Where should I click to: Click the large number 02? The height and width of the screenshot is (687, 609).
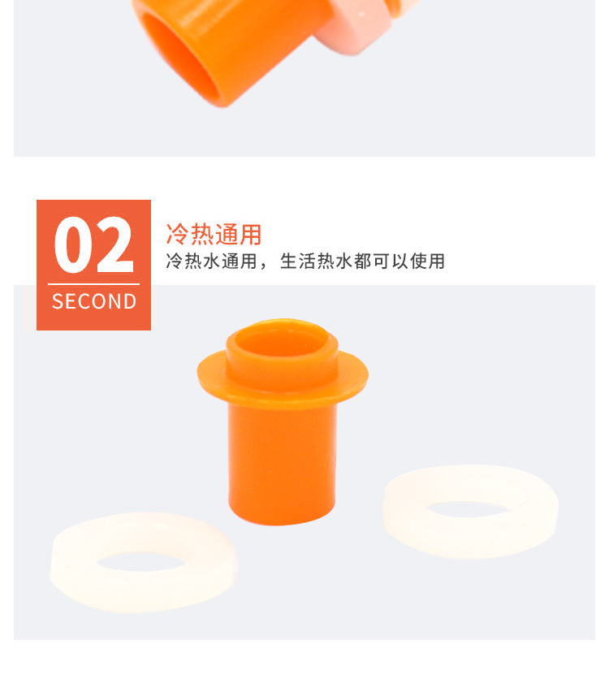point(93,244)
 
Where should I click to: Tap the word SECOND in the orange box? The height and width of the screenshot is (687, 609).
point(94,301)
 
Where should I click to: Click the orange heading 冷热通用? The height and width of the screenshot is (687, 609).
point(214,234)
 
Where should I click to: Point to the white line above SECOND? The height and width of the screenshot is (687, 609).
point(93,284)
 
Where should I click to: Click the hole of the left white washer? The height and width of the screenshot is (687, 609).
point(141,562)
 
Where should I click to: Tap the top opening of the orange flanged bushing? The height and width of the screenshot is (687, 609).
point(283,342)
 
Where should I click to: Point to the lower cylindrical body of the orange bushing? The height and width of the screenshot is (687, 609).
point(282,464)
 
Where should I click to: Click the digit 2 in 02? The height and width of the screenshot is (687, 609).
point(114,244)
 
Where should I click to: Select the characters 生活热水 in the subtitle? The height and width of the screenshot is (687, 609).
point(316,261)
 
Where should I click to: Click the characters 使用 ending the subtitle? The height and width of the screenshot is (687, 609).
point(427,261)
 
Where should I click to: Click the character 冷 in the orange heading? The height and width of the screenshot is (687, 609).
point(177,234)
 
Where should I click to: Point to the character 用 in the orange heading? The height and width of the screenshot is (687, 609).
point(251,234)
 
